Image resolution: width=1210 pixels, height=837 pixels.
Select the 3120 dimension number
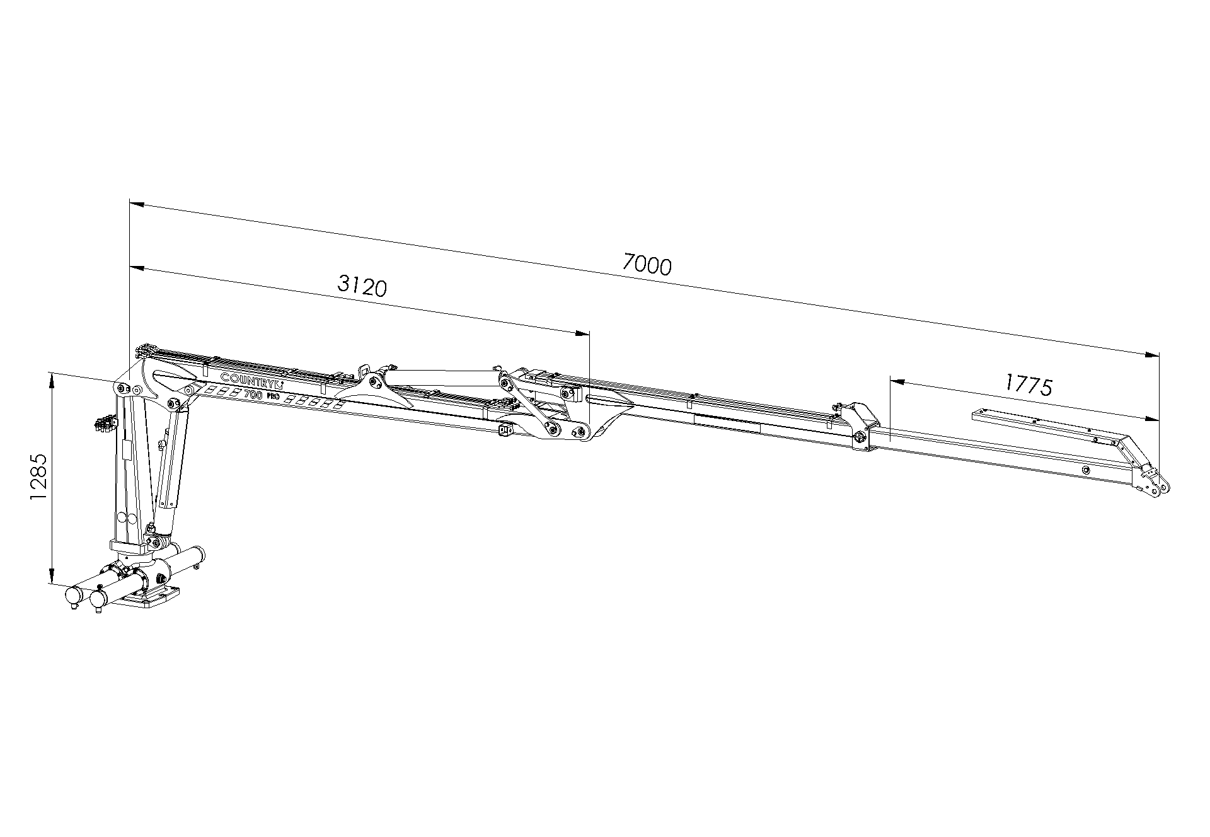362,286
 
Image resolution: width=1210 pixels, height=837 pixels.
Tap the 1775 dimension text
1028,384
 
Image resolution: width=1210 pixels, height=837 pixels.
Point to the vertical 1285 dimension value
38,476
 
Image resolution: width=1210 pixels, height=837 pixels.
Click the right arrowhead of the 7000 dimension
1151,355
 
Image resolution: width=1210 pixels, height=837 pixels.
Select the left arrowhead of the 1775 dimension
897,381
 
